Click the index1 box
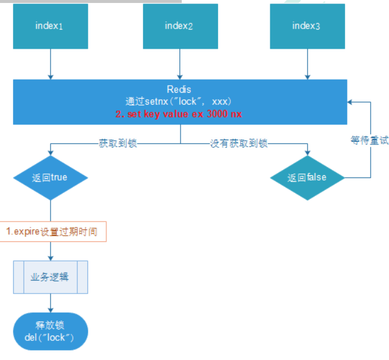point(50,26)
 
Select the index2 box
point(181,26)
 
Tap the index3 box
point(308,26)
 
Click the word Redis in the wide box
point(179,89)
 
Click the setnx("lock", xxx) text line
point(179,102)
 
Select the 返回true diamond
point(50,178)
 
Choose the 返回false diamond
point(308,178)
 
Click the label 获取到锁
point(118,143)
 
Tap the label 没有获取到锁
point(239,143)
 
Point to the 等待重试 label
point(369,140)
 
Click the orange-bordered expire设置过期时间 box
point(53,232)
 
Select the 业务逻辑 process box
point(50,277)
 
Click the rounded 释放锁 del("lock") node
point(50,331)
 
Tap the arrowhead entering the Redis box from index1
point(50,77)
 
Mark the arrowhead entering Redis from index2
point(180,77)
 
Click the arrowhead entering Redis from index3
point(308,77)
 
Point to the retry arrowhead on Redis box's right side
point(350,102)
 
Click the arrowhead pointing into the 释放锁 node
point(50,310)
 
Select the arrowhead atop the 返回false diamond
point(308,153)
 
